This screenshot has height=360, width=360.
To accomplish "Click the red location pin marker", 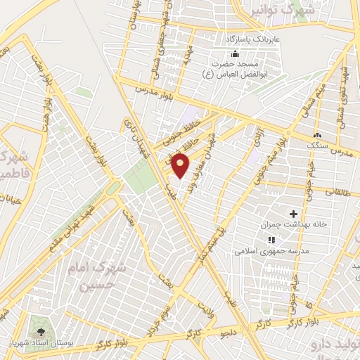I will (181, 165).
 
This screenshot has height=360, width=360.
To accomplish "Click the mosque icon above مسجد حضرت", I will (235, 54).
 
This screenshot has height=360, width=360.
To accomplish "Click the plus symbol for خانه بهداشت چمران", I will (293, 214).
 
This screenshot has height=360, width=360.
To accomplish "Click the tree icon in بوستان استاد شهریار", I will (39, 330).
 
